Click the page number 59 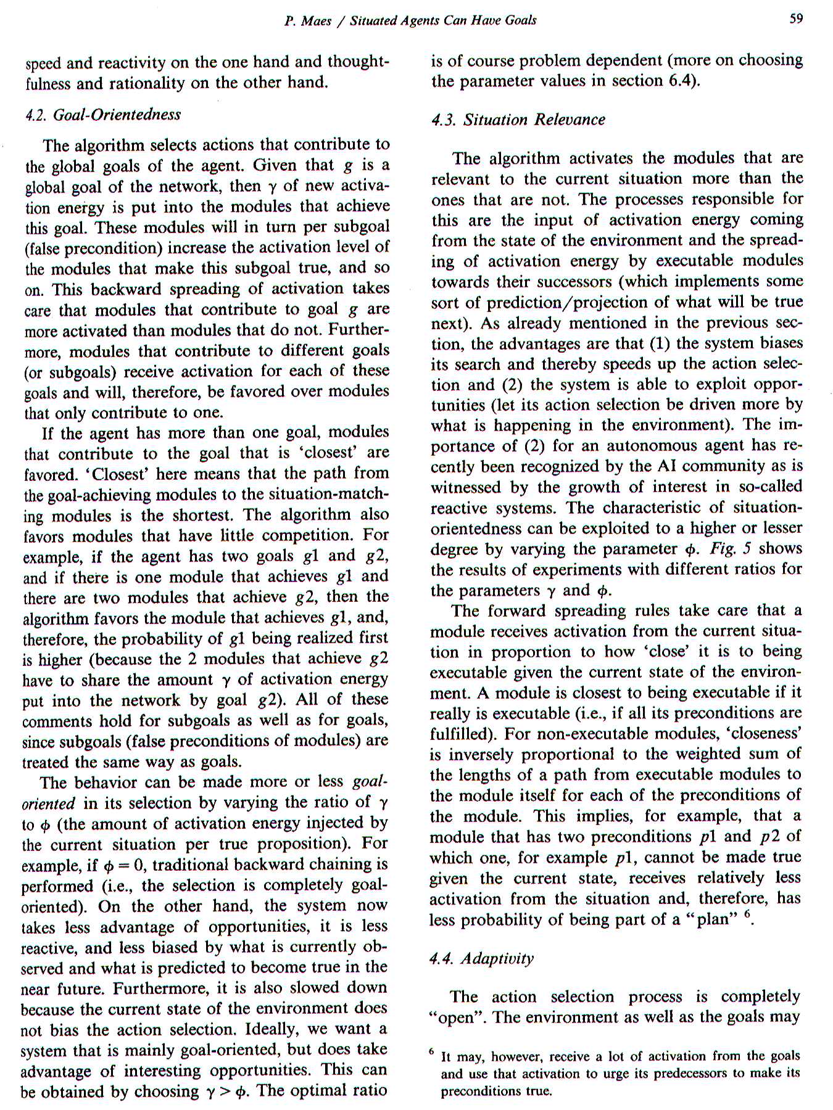click(796, 18)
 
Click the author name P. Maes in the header click(308, 20)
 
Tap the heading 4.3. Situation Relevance click(518, 120)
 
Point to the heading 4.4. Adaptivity click(481, 958)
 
